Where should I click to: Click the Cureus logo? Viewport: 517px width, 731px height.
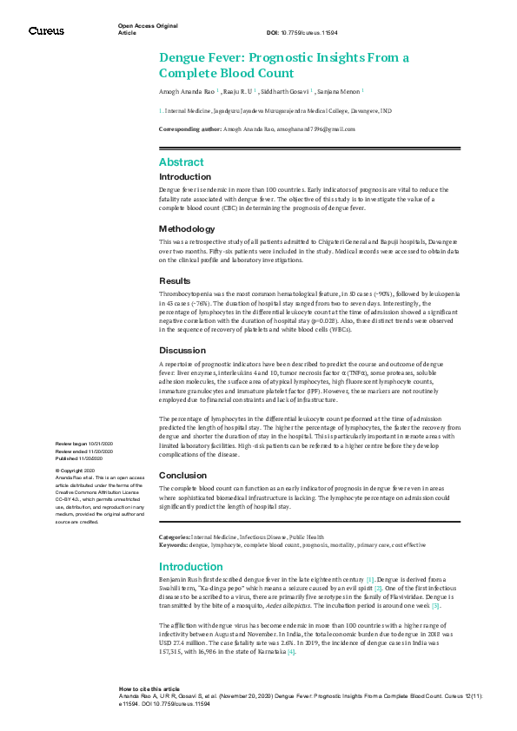point(46,30)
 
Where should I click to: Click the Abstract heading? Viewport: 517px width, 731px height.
point(181,162)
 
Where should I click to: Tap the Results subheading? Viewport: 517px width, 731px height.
point(174,281)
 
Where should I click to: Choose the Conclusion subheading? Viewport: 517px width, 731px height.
point(182,475)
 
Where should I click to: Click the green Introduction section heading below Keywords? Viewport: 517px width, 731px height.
point(190,567)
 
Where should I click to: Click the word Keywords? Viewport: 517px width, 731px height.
point(173,544)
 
